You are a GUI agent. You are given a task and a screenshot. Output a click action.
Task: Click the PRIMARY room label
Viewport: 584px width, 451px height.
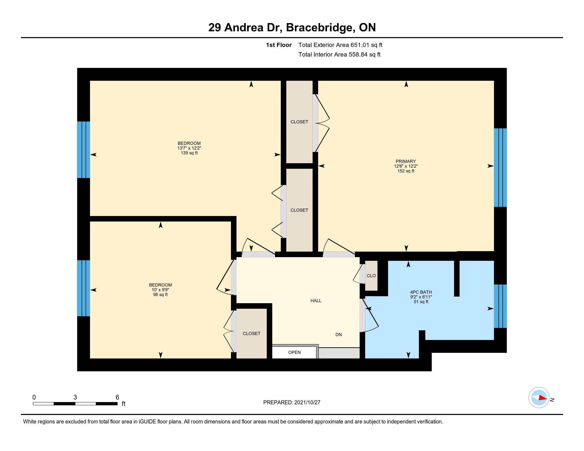pyautogui.click(x=406, y=161)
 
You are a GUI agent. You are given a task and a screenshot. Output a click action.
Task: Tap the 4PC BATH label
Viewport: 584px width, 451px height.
pyautogui.click(x=421, y=292)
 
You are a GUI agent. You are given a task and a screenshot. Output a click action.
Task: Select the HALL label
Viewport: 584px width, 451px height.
pyautogui.click(x=316, y=301)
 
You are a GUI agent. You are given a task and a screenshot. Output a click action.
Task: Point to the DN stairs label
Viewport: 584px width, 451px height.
pyautogui.click(x=338, y=335)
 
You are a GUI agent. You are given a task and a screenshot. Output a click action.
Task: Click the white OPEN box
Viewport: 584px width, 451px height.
pyautogui.click(x=294, y=352)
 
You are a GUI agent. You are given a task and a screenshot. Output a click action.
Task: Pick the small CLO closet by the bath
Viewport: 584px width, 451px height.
pyautogui.click(x=371, y=276)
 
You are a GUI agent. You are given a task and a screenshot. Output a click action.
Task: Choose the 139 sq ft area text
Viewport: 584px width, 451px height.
pyautogui.click(x=189, y=153)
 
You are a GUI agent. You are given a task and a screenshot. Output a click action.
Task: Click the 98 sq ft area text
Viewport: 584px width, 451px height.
pyautogui.click(x=160, y=295)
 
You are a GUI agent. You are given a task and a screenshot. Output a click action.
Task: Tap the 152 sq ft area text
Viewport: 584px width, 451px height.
pyautogui.click(x=406, y=171)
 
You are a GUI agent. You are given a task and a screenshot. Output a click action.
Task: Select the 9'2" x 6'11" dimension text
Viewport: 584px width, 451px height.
pyautogui.click(x=421, y=297)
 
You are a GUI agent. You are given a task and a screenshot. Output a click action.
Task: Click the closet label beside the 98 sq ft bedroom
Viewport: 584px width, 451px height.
pyautogui.click(x=251, y=334)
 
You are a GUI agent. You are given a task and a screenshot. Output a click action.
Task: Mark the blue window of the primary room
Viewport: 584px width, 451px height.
pyautogui.click(x=500, y=168)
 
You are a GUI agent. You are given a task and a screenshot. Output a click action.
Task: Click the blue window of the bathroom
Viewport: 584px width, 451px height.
pyautogui.click(x=500, y=306)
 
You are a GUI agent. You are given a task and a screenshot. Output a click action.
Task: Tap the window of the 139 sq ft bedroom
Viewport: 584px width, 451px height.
pyautogui.click(x=83, y=150)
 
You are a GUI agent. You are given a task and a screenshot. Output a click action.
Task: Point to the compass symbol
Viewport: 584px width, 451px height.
pyautogui.click(x=539, y=398)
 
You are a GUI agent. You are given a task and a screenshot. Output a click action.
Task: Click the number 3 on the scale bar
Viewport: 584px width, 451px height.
pyautogui.click(x=75, y=397)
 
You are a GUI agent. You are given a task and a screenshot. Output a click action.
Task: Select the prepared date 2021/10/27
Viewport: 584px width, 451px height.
pyautogui.click(x=307, y=403)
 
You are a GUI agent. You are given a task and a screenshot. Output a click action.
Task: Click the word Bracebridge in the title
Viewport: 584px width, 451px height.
pyautogui.click(x=321, y=28)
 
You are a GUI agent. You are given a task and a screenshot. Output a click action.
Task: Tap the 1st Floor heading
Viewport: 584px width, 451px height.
pyautogui.click(x=279, y=45)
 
